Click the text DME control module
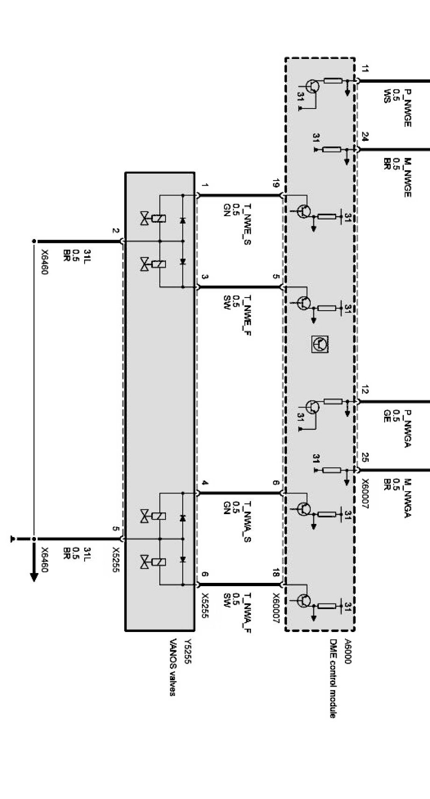click(x=334, y=678)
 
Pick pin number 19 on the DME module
click(x=276, y=184)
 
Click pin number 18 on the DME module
click(x=276, y=573)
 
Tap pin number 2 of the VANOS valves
click(x=115, y=231)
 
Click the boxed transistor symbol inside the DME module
click(x=321, y=344)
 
